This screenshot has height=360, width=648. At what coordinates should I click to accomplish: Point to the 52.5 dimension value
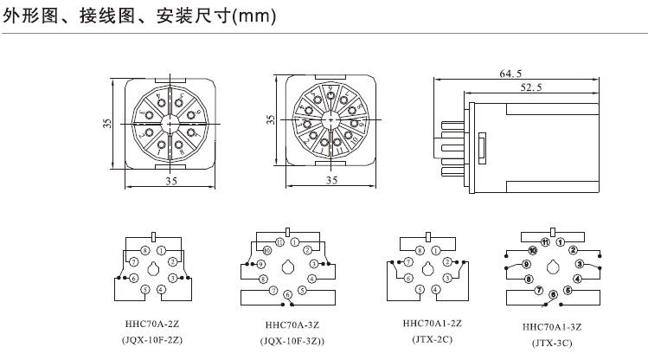[x=532, y=87]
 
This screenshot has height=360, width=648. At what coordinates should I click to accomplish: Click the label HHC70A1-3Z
[x=551, y=327]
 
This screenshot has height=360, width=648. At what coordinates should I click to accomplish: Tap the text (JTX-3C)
[x=551, y=343]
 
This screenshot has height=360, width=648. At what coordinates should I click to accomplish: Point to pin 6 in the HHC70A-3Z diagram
[x=287, y=295]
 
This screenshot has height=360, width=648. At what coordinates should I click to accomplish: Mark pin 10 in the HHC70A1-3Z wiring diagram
[x=532, y=250]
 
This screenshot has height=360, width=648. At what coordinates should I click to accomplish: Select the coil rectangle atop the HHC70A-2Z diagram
[x=153, y=235]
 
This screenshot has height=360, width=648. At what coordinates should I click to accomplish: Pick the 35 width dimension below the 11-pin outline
[x=332, y=180]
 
